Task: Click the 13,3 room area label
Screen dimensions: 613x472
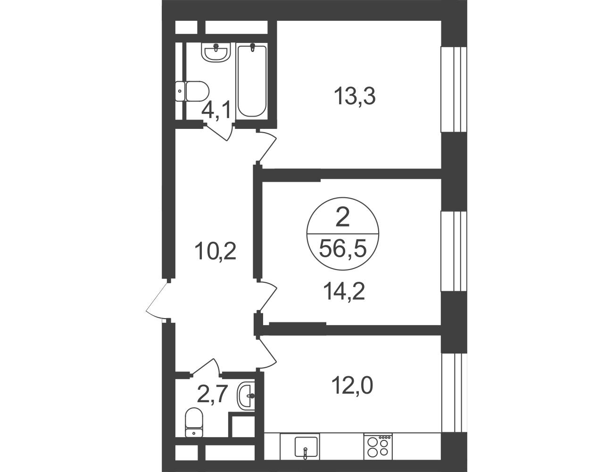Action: [355, 97]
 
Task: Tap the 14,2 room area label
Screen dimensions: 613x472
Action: [344, 292]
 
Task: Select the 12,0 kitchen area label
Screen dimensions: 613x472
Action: [353, 386]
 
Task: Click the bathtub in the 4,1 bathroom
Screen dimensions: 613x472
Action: [252, 80]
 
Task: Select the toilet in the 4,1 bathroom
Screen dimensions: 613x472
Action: [192, 91]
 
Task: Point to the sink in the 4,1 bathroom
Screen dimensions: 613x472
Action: [216, 52]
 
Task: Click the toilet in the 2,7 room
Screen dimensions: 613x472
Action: [194, 426]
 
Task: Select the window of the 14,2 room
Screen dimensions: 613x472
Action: [453, 251]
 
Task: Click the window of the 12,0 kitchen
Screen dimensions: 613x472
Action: [453, 396]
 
